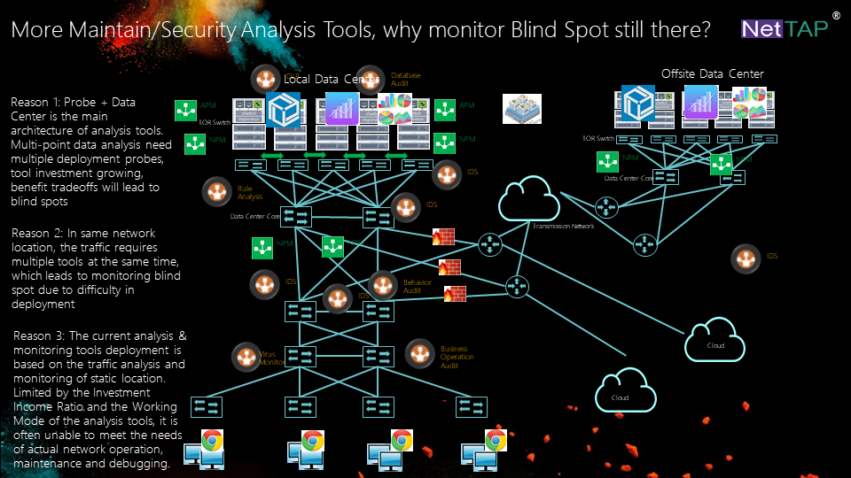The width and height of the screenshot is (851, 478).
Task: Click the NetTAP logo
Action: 785,29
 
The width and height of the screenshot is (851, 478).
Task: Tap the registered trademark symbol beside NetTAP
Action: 837,16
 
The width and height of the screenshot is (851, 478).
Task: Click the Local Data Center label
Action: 333,81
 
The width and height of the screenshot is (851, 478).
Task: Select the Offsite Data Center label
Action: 712,73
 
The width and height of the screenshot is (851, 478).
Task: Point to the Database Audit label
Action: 405,79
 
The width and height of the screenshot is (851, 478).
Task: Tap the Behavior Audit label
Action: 418,286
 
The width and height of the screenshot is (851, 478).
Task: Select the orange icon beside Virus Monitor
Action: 246,357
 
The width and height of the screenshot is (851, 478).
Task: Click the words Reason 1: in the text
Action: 36,102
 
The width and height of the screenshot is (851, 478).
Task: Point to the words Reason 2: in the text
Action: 36,233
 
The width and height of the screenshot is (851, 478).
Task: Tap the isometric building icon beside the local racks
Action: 521,108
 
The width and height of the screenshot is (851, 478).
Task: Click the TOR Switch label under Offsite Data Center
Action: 597,139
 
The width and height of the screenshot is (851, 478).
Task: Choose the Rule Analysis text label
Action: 248,192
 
